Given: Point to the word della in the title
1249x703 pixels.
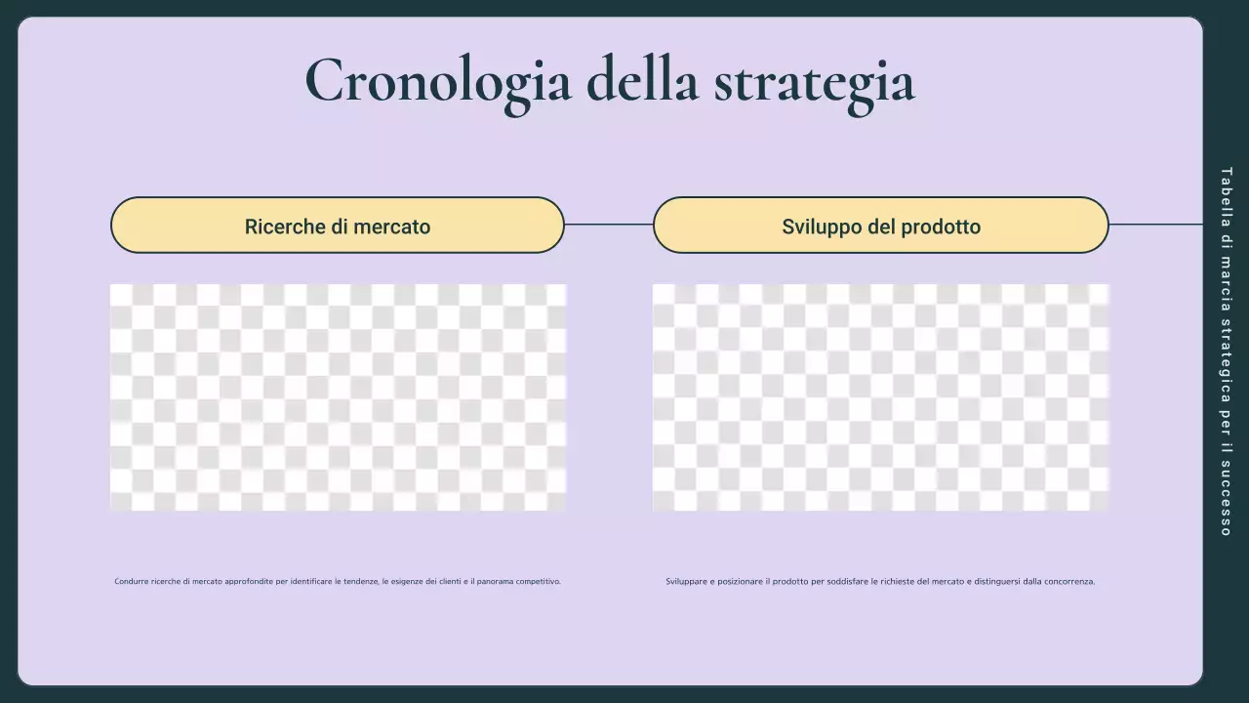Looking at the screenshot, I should [x=642, y=80].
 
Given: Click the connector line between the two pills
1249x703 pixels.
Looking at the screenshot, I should [x=608, y=225].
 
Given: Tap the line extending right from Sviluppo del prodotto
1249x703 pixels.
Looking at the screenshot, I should [x=1155, y=225].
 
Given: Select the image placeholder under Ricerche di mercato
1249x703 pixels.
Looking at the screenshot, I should [x=338, y=397].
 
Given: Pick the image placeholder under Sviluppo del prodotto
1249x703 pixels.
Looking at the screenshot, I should [x=880, y=397].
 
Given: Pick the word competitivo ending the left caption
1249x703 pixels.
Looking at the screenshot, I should [x=538, y=581].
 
